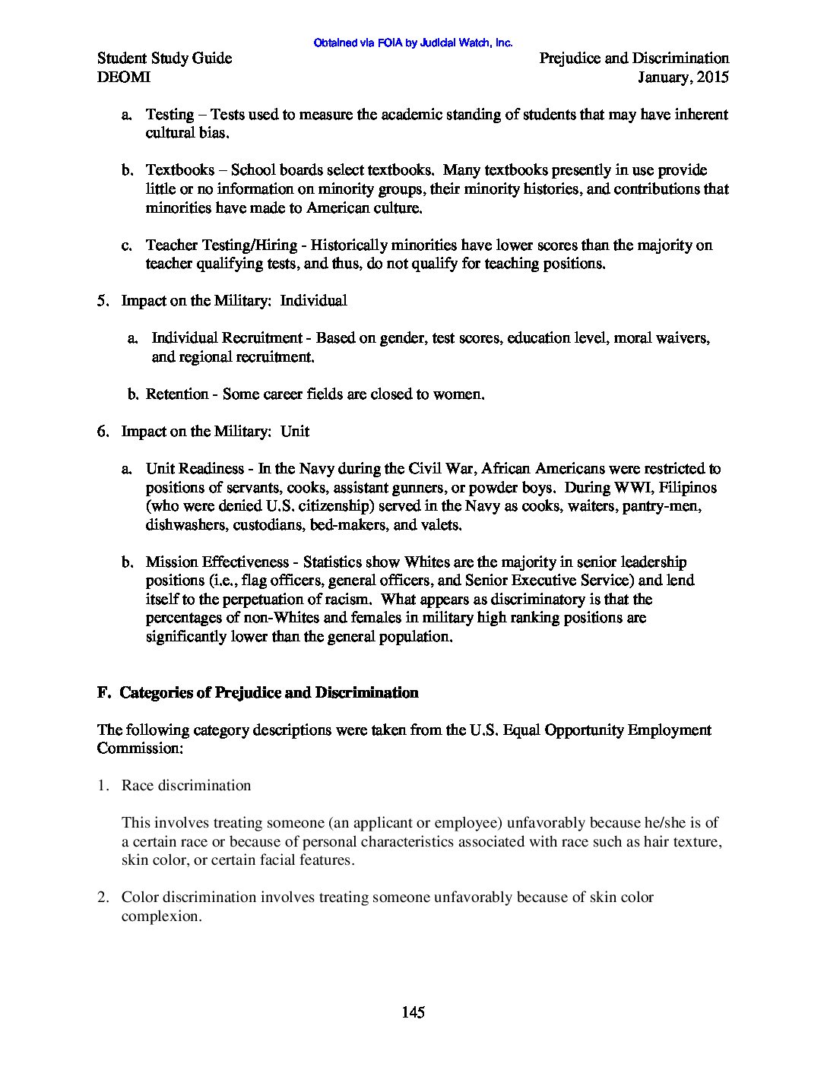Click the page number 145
(x=413, y=1012)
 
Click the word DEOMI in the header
(x=124, y=77)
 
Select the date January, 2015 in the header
(x=683, y=77)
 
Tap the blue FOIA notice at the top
(x=413, y=43)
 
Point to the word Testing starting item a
(x=170, y=115)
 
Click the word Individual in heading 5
(x=313, y=301)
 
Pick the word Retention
(x=177, y=394)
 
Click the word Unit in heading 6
(x=295, y=432)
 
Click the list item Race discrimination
(x=186, y=786)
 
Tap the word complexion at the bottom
(x=161, y=916)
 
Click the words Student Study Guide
(x=165, y=59)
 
